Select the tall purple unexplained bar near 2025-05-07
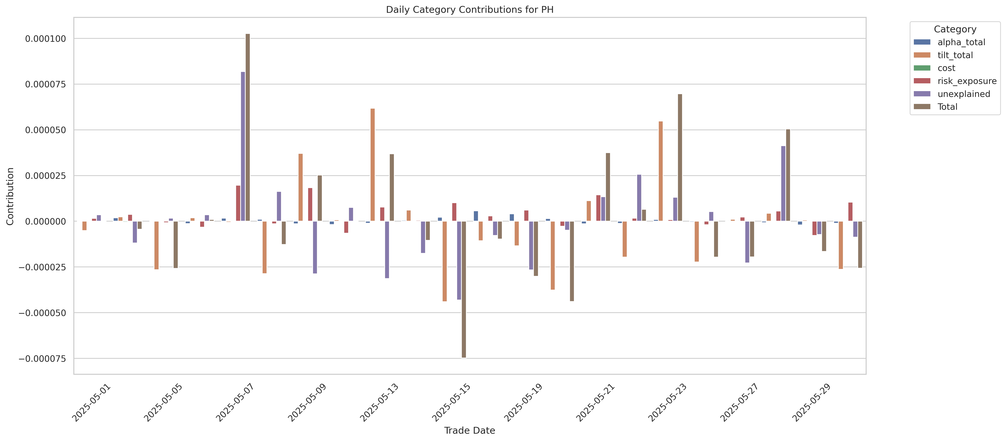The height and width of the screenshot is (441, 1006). pos(243,146)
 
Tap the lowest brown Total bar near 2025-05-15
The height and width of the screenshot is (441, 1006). pos(463,289)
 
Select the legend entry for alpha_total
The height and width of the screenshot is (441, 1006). pos(961,42)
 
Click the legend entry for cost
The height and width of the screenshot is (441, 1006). pos(946,68)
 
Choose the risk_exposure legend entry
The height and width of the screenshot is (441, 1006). pos(966,81)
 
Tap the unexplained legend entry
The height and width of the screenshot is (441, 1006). pos(963,94)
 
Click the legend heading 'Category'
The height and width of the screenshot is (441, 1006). pos(955,29)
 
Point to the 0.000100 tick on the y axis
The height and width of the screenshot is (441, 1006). pos(46,39)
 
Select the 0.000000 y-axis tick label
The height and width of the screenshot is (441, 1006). pos(46,222)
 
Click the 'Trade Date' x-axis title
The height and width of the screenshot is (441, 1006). pos(469,430)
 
